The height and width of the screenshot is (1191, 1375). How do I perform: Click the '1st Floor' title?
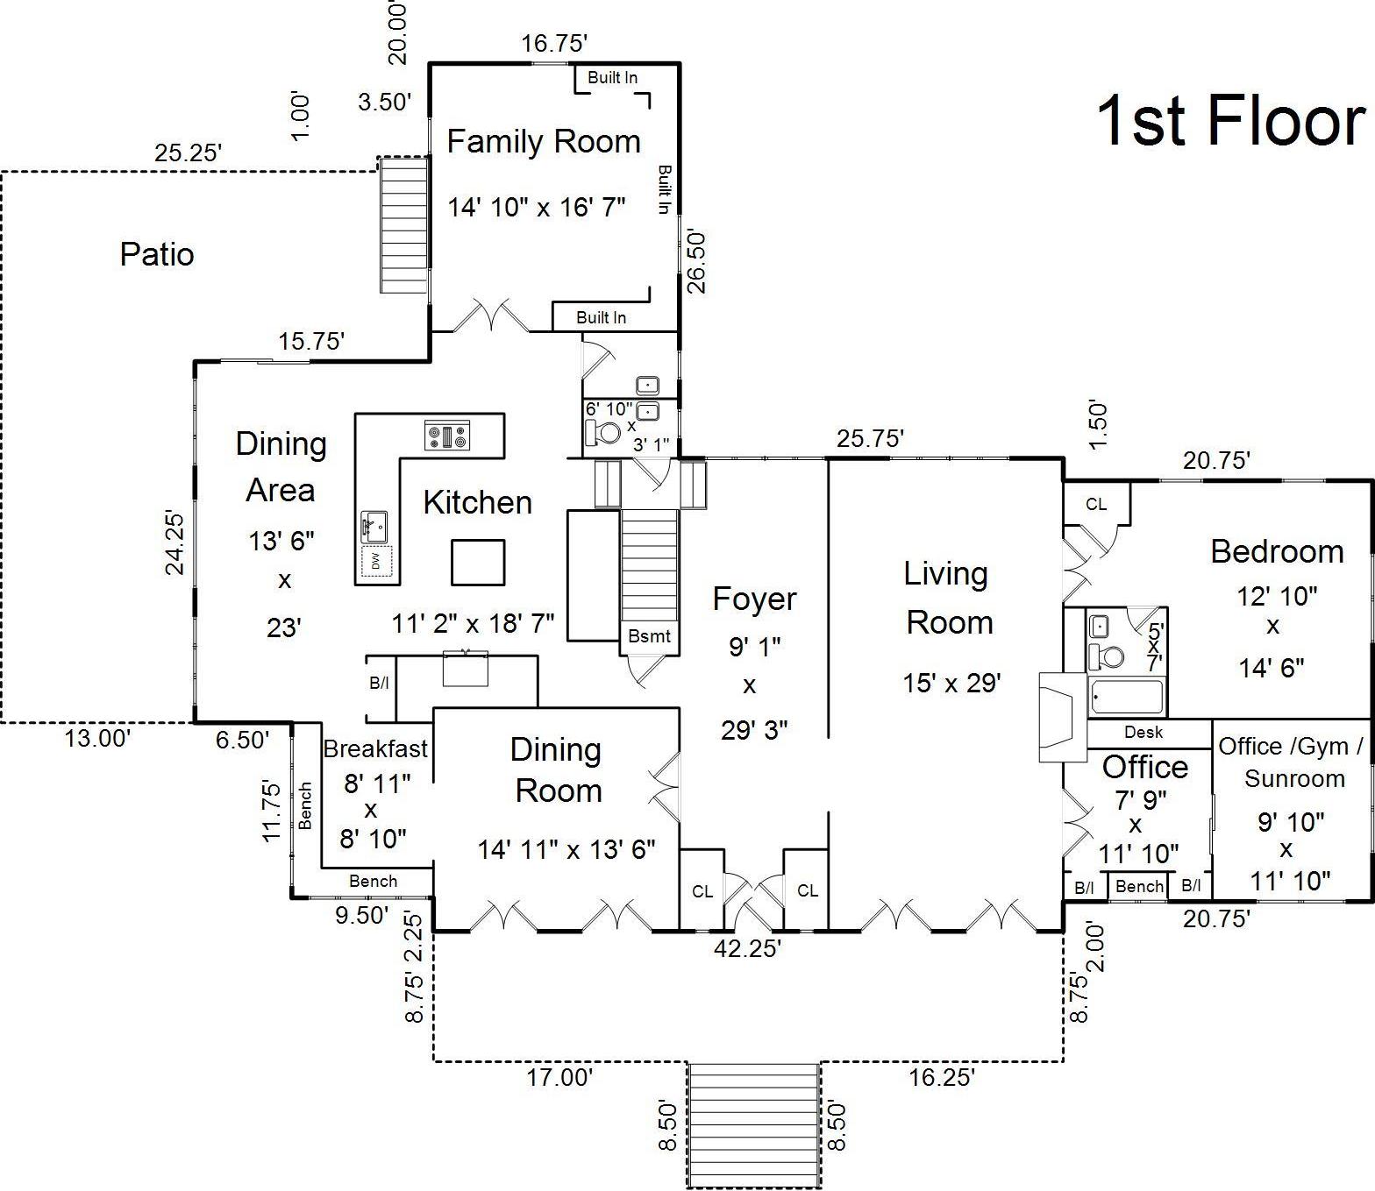[1230, 121]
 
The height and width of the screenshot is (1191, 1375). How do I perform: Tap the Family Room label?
[544, 142]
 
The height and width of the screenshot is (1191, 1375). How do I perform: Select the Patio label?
[157, 254]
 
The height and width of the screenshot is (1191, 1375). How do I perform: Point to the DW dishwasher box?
[376, 562]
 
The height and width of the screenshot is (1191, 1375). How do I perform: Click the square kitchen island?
[478, 562]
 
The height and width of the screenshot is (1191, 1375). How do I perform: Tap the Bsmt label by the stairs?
[649, 636]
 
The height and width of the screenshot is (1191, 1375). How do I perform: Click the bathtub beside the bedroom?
[1126, 696]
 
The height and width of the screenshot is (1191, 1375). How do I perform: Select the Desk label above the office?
[1143, 732]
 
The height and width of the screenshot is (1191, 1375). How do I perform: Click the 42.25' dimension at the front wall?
[746, 948]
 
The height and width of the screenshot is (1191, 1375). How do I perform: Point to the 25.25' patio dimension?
[188, 153]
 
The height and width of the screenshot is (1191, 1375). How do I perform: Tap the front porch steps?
[753, 1124]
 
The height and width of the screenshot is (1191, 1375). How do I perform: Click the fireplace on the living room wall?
[1063, 717]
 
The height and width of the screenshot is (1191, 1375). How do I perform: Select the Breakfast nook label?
[375, 748]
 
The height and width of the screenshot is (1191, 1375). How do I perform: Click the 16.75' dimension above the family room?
[554, 43]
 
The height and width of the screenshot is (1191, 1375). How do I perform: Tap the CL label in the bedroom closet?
[1095, 504]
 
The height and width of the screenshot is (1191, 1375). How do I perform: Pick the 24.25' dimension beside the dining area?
[175, 542]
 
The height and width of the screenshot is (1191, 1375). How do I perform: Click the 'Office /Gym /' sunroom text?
[1291, 747]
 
